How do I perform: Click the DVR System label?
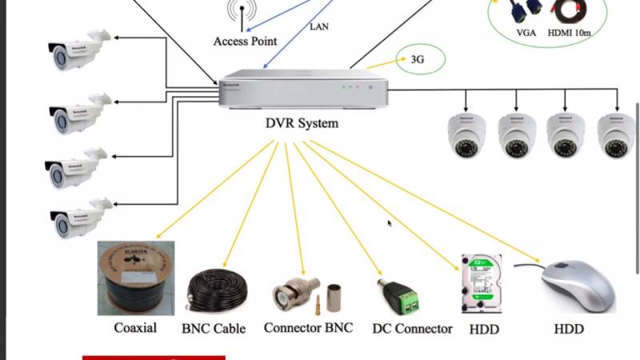point(302,123)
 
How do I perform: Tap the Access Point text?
point(245,41)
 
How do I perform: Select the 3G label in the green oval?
point(417,59)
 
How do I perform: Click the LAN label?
point(318,26)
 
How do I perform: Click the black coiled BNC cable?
point(218,292)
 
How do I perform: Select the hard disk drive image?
point(481,283)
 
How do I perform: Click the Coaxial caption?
point(135,327)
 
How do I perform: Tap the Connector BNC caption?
point(308,328)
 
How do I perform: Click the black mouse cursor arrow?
point(390,224)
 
